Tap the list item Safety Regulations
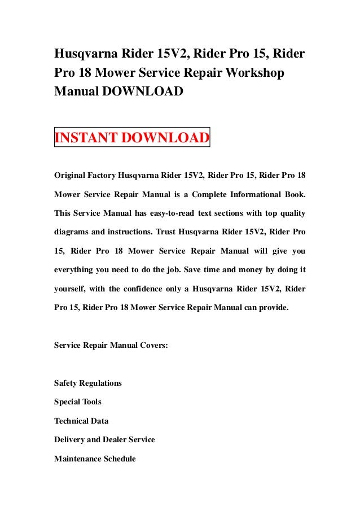pyautogui.click(x=87, y=383)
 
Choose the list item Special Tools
pyautogui.click(x=78, y=402)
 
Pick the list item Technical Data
pyautogui.click(x=81, y=421)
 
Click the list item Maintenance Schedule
pyautogui.click(x=95, y=459)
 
